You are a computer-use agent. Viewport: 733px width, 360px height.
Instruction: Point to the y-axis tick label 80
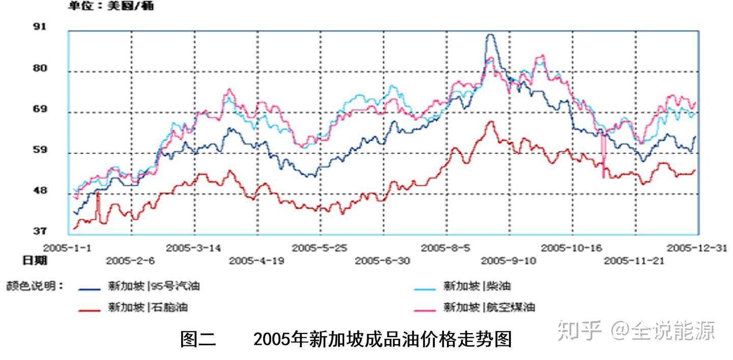coord(40,68)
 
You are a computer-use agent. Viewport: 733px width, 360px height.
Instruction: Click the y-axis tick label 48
coord(40,190)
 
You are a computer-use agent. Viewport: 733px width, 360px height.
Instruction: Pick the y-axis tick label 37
coord(40,231)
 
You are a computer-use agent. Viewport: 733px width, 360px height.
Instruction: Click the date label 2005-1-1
coord(67,248)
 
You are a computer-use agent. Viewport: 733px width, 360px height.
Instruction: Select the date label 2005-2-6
coord(131,261)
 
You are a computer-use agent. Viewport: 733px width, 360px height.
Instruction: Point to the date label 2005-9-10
coord(509,261)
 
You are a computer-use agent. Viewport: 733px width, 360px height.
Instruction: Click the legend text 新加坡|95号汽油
coord(153,286)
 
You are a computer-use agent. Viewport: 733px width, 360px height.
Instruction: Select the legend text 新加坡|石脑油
coord(150,307)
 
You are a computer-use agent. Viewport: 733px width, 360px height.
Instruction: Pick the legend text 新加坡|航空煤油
coord(489,307)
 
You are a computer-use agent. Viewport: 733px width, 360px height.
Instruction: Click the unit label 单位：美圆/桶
coord(111,7)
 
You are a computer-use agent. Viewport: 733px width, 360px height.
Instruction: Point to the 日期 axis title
coord(35,261)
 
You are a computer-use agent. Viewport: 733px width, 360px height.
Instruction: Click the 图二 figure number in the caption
coord(198,339)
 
